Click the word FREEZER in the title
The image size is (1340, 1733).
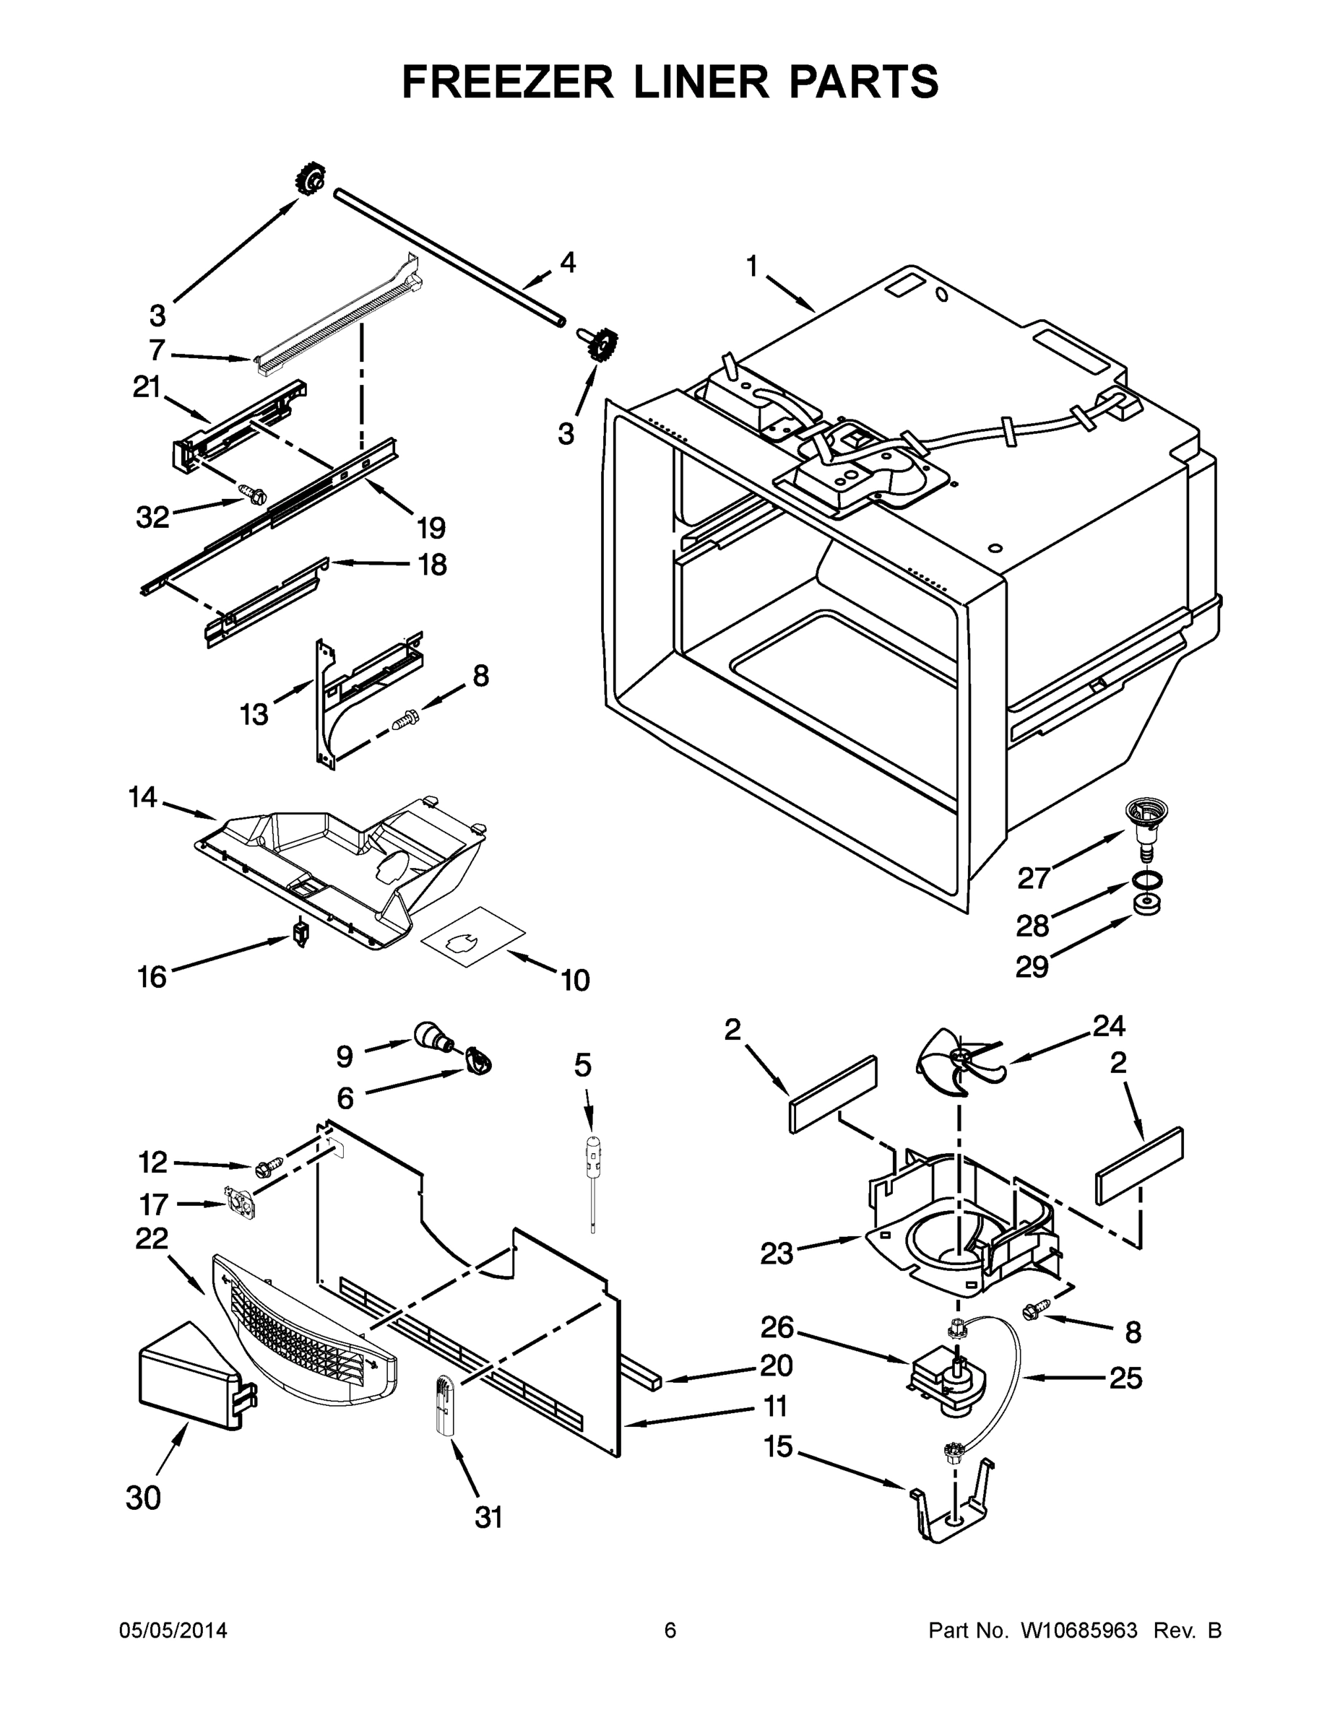coord(507,82)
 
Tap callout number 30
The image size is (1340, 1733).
coord(144,1498)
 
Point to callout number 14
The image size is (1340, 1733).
coord(143,797)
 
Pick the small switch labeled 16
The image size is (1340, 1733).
coord(301,933)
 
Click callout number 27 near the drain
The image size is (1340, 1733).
coord(1034,877)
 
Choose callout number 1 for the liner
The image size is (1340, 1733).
coord(753,267)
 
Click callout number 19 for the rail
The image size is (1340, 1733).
coord(431,527)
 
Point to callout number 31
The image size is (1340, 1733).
coord(489,1517)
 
